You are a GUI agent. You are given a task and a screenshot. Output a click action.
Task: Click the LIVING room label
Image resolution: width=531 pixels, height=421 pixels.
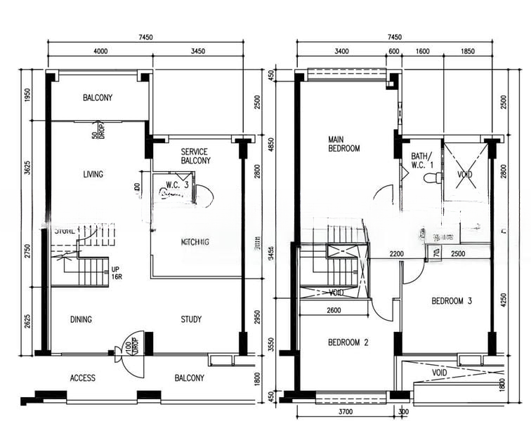pyautogui.click(x=93, y=174)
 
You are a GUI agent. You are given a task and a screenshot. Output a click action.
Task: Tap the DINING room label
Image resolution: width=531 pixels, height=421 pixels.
pyautogui.click(x=81, y=319)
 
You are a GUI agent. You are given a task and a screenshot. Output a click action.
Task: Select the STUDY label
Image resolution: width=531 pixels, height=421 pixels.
pyautogui.click(x=191, y=319)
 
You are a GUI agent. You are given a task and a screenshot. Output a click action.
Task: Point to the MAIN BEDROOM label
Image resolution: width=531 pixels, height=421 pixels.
pyautogui.click(x=344, y=143)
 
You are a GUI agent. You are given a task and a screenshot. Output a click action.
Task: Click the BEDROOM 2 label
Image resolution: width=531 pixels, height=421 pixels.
pyautogui.click(x=348, y=342)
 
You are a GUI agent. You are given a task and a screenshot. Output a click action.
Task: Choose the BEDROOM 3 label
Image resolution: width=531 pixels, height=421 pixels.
pyautogui.click(x=451, y=301)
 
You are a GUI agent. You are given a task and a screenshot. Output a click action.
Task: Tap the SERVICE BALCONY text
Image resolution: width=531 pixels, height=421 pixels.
pyautogui.click(x=195, y=156)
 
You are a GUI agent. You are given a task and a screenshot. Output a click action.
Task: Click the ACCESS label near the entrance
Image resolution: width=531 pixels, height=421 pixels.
pyautogui.click(x=83, y=378)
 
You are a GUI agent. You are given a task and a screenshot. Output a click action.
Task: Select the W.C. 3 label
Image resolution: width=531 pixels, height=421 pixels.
pyautogui.click(x=177, y=185)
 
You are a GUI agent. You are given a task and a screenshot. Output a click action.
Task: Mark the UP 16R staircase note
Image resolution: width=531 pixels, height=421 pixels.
pyautogui.click(x=115, y=272)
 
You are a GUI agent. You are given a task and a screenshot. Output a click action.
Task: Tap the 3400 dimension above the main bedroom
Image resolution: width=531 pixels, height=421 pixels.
pyautogui.click(x=342, y=51)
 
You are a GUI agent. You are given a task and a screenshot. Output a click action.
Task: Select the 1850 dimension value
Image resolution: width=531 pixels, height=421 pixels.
pyautogui.click(x=468, y=51)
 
